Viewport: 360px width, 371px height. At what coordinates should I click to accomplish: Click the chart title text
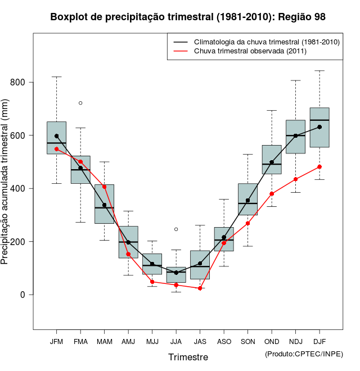coord(188,17)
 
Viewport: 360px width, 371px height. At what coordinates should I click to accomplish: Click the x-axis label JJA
coord(176,341)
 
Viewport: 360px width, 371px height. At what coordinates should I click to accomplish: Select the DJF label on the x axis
coord(319,341)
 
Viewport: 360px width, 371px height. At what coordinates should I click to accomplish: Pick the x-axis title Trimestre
coord(188,357)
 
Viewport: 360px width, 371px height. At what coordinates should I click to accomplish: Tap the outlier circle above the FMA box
coord(80,103)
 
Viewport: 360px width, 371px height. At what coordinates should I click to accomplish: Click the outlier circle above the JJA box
coord(176,229)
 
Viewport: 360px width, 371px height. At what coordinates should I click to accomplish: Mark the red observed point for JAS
coord(200,288)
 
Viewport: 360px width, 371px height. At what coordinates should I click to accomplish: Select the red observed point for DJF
coord(319,167)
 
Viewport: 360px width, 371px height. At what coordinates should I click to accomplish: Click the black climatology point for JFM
coord(56,136)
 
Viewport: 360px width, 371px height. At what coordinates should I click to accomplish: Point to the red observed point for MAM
coord(104,187)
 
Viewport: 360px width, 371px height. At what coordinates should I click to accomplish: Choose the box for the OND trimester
coord(272,159)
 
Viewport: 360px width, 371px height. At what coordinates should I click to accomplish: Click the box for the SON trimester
coord(247,199)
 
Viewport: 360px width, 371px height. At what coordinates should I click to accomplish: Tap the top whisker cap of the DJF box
coord(319,71)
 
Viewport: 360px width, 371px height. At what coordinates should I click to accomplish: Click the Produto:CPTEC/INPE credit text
coord(304,354)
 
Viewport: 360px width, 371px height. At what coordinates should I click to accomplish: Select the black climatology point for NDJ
coord(295,135)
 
